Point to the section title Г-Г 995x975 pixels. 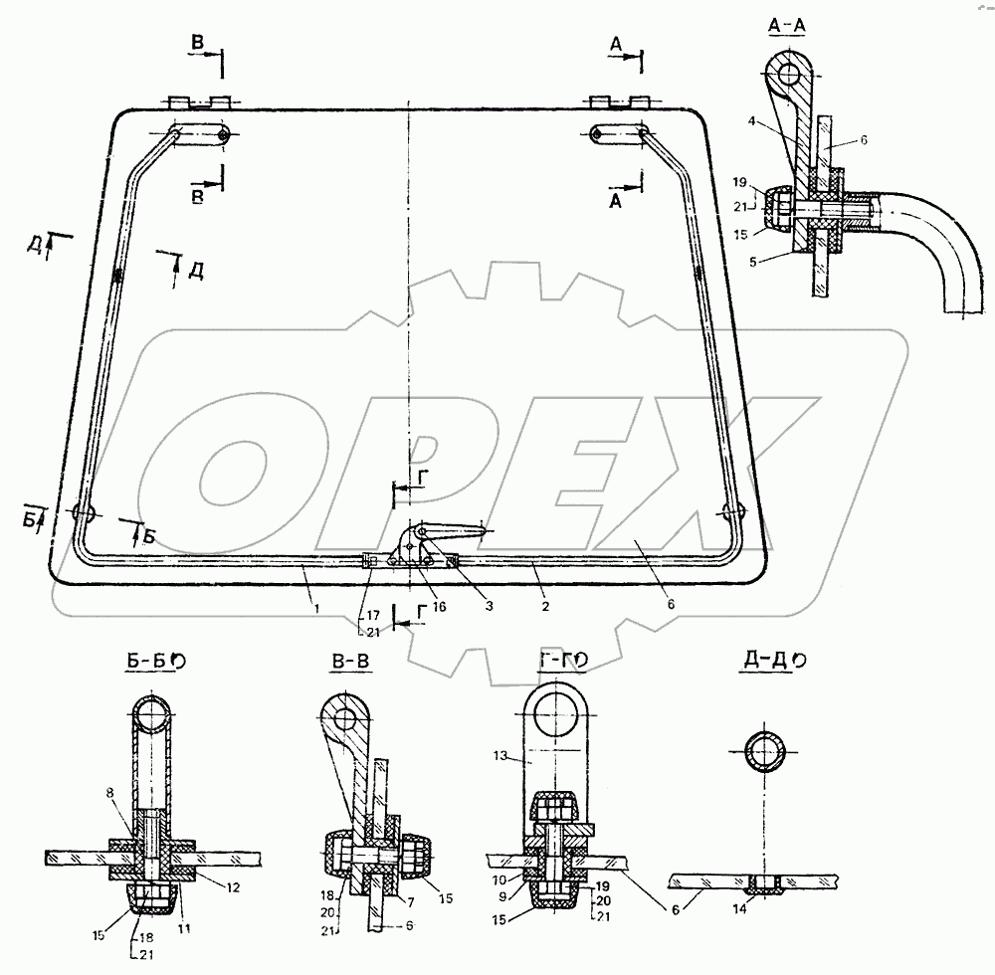pyautogui.click(x=552, y=662)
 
